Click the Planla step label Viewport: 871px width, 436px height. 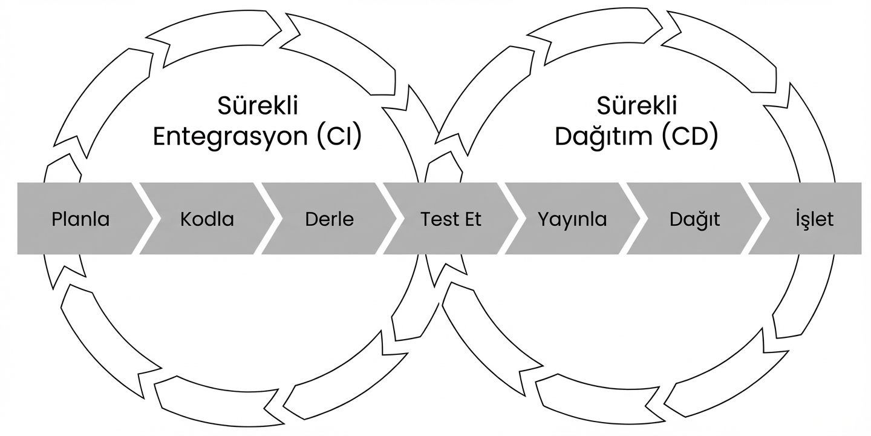[x=80, y=219]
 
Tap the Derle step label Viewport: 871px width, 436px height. [x=329, y=219]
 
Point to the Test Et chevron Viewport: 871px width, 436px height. [x=451, y=219]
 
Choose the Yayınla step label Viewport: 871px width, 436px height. [x=572, y=219]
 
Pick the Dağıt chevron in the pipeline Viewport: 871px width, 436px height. [x=694, y=219]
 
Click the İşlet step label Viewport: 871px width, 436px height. [x=815, y=219]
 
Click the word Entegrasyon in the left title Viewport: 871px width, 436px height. [x=230, y=137]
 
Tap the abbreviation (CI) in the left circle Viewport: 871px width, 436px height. [x=339, y=137]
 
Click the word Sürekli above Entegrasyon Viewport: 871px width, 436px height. [x=258, y=106]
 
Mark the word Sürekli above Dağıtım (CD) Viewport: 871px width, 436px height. [x=637, y=106]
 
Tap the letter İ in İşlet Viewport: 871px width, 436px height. [x=798, y=218]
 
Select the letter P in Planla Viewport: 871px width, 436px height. [x=56, y=219]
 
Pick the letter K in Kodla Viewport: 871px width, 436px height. [x=185, y=219]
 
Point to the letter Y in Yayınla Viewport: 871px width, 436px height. [x=543, y=219]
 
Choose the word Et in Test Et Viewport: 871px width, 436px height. [x=473, y=219]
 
